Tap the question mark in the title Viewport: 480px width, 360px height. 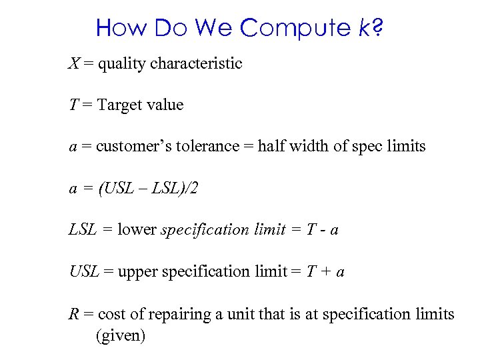coord(377,28)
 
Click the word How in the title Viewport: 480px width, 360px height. coord(122,28)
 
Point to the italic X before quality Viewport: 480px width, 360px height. coord(73,63)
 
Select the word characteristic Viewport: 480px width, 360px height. coord(196,63)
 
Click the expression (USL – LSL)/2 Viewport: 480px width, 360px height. coord(147,189)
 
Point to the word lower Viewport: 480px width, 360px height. coord(137,230)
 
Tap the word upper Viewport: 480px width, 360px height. coord(139,271)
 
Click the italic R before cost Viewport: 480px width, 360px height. coord(73,313)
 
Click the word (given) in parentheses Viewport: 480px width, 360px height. coord(121,335)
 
